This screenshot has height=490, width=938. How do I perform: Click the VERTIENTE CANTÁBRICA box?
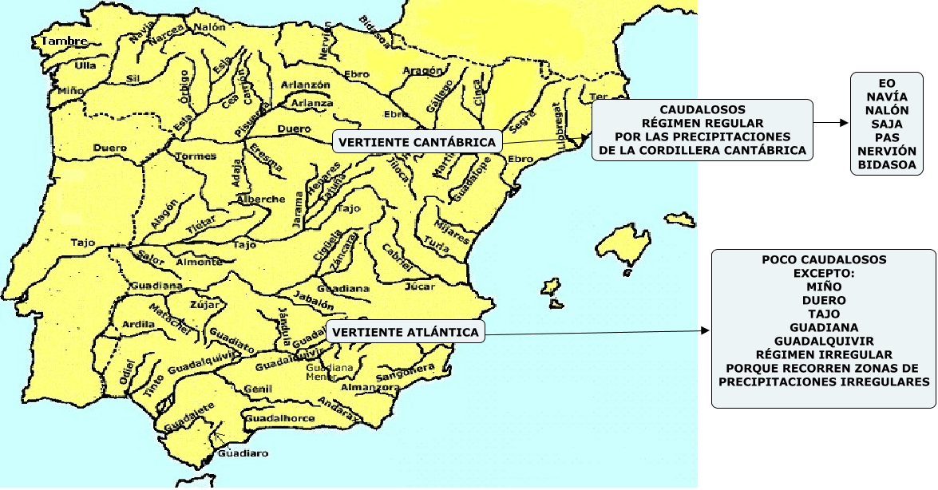click(x=418, y=143)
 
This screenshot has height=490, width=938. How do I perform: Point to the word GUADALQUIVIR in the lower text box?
click(x=824, y=341)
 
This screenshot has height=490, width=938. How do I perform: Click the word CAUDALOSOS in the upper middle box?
click(x=703, y=109)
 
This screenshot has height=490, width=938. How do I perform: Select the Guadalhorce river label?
click(x=280, y=418)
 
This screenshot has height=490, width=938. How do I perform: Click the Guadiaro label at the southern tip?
click(x=243, y=453)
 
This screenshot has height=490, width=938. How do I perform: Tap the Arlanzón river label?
click(x=306, y=85)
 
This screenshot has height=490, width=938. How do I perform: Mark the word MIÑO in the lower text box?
click(x=824, y=286)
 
